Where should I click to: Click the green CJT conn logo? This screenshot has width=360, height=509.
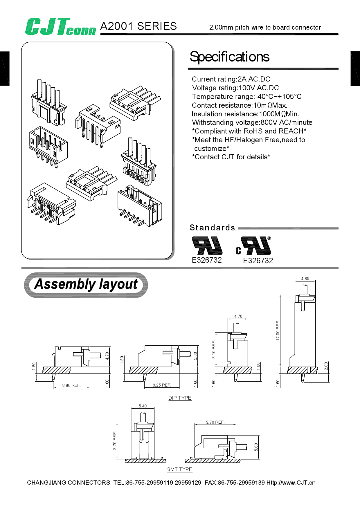(x=60, y=27)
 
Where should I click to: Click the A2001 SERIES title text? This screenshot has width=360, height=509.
(x=138, y=26)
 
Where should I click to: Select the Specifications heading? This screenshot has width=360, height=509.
(x=229, y=57)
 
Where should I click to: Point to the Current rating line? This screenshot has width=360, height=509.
(x=231, y=79)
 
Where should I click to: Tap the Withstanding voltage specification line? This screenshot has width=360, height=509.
(x=252, y=122)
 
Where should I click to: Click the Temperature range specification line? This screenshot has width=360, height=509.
(x=246, y=97)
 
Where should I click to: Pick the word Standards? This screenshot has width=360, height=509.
(x=212, y=228)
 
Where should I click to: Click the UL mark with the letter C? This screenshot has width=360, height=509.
(x=253, y=246)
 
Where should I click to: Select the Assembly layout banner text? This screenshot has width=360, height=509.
(x=86, y=284)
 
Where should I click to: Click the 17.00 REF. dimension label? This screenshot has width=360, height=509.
(x=278, y=331)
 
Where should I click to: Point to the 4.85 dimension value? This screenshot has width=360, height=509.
(x=305, y=279)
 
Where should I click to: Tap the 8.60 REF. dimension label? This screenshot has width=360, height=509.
(x=71, y=385)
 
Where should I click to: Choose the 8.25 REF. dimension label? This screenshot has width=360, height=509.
(x=162, y=385)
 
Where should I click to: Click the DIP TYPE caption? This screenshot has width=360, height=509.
(x=180, y=398)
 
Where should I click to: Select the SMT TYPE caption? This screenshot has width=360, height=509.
(x=180, y=469)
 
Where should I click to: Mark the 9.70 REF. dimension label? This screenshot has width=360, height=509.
(x=215, y=422)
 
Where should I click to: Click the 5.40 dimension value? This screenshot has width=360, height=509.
(x=143, y=406)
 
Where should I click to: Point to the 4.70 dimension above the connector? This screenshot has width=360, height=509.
(x=238, y=316)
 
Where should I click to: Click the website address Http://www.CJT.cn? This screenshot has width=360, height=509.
(x=291, y=483)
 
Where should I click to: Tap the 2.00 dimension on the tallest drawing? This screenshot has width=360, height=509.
(x=326, y=366)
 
